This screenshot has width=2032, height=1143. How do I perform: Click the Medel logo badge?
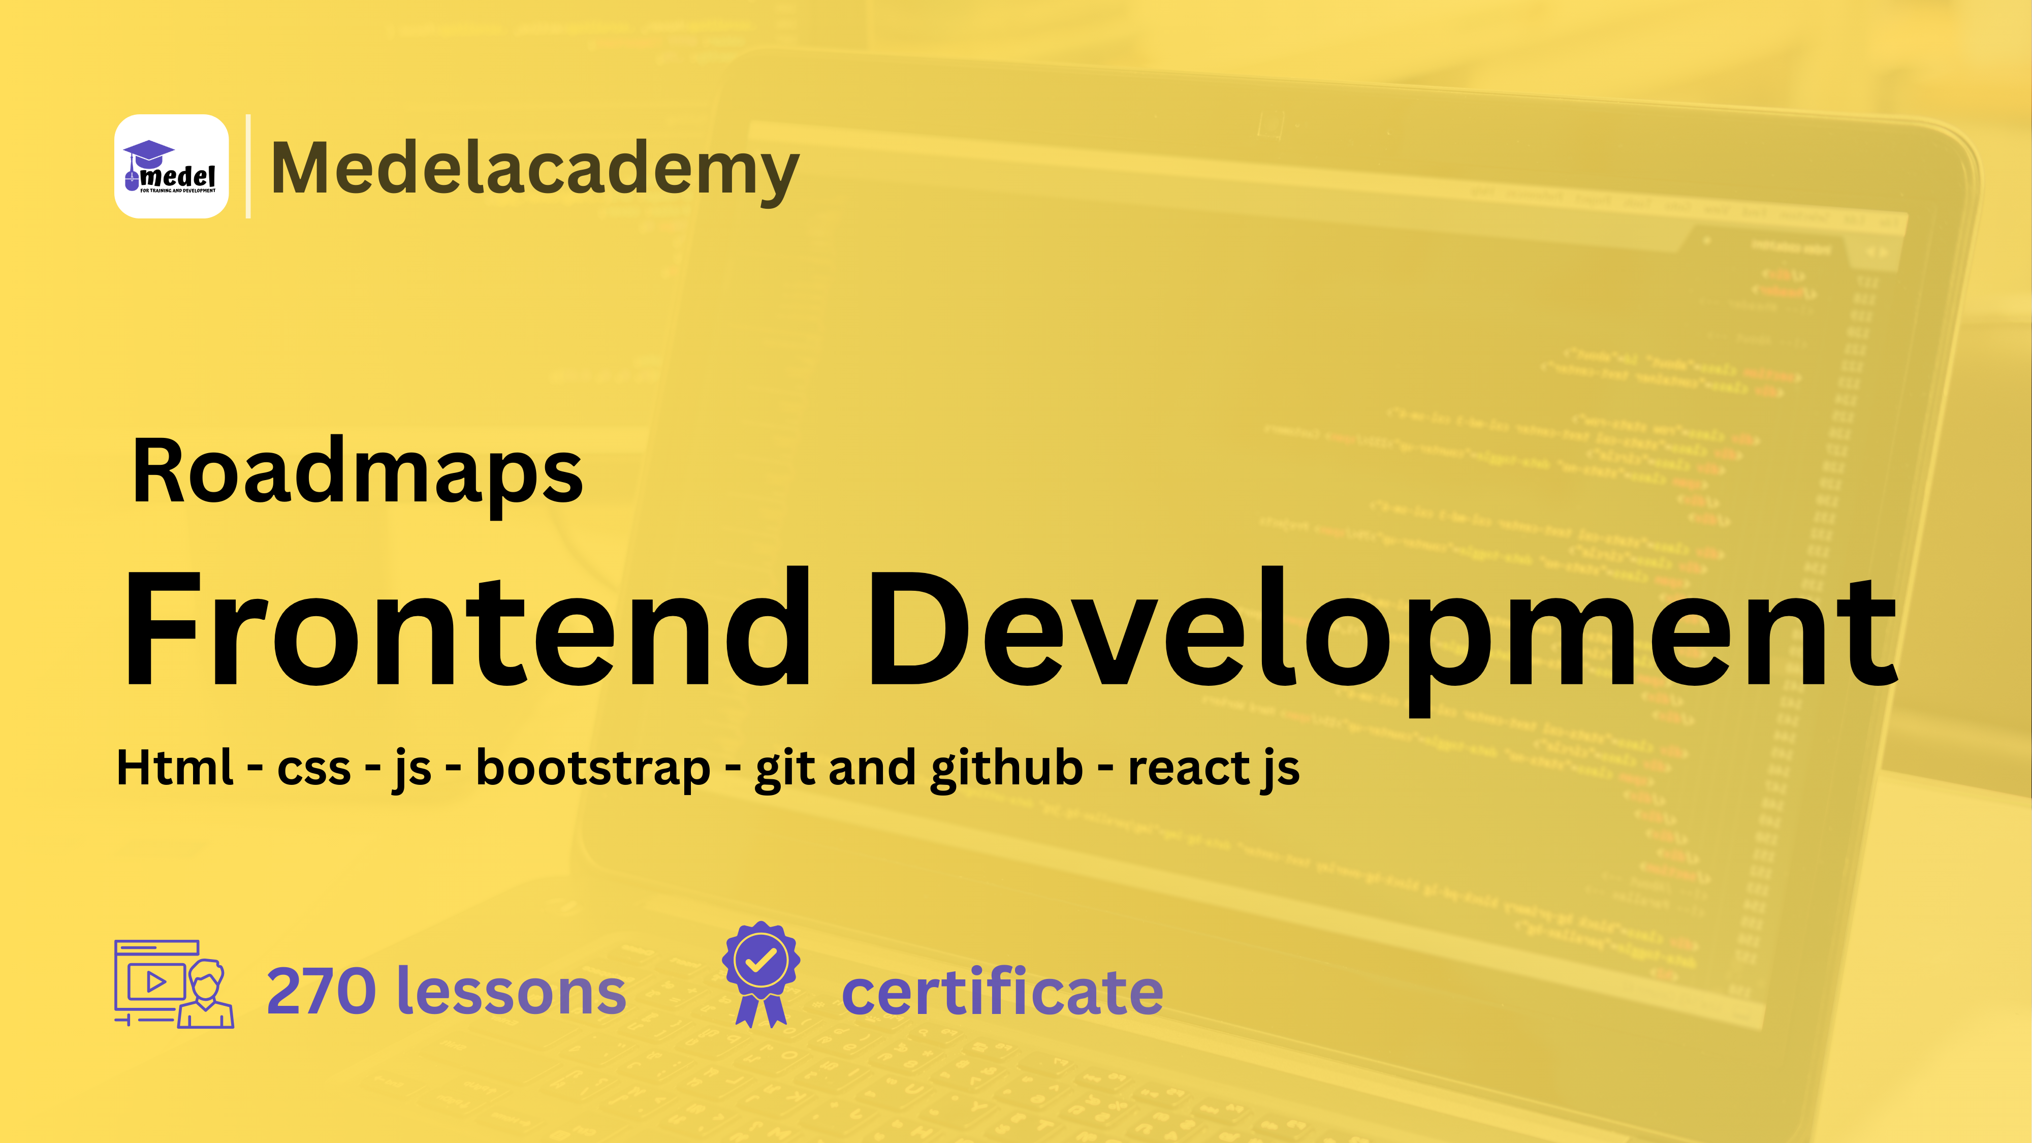(x=171, y=167)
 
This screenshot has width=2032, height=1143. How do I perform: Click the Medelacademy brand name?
(x=535, y=168)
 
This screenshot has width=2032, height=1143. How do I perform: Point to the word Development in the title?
(x=1380, y=631)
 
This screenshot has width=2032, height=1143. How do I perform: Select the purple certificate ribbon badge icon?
(x=761, y=974)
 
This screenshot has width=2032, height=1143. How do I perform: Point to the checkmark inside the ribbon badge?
(x=760, y=960)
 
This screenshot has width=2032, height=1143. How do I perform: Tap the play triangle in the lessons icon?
(x=156, y=982)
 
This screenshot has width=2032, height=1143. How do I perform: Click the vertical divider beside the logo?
(x=248, y=167)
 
